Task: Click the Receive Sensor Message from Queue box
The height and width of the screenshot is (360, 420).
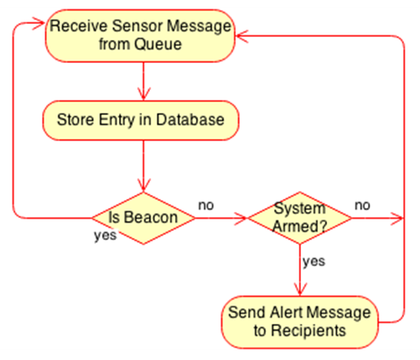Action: [x=140, y=36]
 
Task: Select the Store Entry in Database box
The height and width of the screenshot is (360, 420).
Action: [x=141, y=121]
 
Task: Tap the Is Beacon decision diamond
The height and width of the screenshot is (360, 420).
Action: [x=144, y=218]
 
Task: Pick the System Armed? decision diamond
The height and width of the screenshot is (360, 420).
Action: [x=299, y=218]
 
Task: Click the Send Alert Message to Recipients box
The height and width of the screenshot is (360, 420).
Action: [x=300, y=322]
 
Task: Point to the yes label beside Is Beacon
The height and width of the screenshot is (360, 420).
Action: [x=105, y=236]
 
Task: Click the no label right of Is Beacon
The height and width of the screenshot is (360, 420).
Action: [x=206, y=206]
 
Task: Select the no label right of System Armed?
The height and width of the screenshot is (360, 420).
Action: [x=362, y=206]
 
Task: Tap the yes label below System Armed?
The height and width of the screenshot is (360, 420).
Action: [x=314, y=261]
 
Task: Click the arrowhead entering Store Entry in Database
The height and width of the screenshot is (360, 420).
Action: [x=144, y=94]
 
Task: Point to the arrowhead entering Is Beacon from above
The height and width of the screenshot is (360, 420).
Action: [x=144, y=185]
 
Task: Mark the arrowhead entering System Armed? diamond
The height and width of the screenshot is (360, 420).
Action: [x=241, y=218]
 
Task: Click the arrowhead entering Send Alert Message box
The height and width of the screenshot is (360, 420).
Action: [x=300, y=289]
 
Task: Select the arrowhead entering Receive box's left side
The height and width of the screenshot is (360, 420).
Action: [x=38, y=23]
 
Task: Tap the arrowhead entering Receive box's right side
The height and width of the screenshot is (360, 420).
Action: [x=242, y=36]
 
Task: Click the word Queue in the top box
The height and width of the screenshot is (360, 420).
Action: [x=158, y=45]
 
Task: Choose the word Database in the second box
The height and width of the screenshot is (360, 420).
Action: [x=190, y=120]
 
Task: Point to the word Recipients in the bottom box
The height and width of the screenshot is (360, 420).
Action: [x=309, y=331]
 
